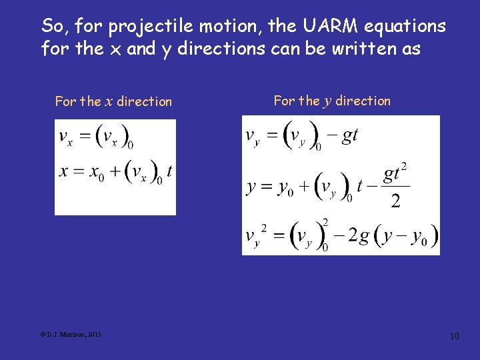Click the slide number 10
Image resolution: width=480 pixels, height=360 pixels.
455,336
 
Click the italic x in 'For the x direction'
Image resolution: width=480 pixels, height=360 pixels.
109,102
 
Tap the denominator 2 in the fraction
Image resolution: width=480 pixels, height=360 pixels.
395,201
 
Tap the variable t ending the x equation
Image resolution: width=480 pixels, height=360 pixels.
169,171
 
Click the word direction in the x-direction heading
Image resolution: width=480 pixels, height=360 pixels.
145,102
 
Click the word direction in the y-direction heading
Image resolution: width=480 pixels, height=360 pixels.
363,101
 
